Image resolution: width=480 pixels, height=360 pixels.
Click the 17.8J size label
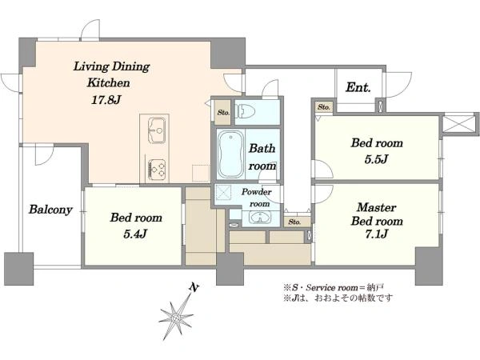[x=106, y=100]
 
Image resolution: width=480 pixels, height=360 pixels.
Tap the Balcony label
[x=50, y=210]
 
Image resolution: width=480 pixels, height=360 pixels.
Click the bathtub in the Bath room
[x=230, y=154]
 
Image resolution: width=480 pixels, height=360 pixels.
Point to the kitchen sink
[x=157, y=130]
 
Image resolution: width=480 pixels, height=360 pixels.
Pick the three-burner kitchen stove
[x=157, y=170]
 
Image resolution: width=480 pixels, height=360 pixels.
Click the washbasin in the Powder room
[x=260, y=218]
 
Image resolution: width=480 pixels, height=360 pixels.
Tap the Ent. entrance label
[x=358, y=88]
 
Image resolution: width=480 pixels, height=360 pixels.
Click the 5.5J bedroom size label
[x=376, y=159]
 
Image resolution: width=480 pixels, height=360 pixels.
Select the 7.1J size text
[x=376, y=234]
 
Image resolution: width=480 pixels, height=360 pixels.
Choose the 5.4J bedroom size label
[x=135, y=234]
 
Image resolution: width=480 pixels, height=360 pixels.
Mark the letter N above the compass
[x=194, y=287]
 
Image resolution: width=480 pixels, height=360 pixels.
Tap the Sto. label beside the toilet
[x=223, y=112]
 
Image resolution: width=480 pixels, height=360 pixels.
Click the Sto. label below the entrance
[x=323, y=107]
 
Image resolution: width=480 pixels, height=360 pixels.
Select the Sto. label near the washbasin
[x=294, y=222]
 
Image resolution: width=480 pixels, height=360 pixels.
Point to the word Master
[x=376, y=207]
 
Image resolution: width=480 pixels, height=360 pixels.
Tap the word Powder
[x=257, y=192]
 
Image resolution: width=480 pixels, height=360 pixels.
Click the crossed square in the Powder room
[x=225, y=192]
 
